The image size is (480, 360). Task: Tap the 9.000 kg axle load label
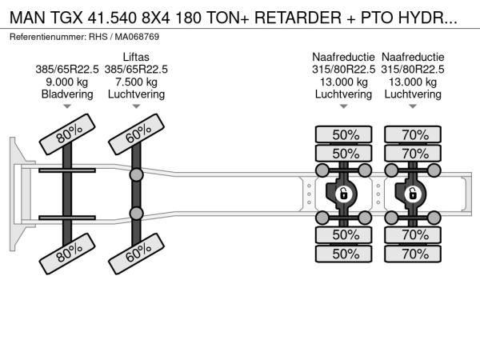67,82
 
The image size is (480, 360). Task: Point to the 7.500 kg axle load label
135,82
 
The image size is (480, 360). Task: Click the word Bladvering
67,94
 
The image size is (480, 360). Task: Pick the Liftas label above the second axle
135,56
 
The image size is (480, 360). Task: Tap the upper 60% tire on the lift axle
138,138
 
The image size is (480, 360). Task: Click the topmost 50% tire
345,134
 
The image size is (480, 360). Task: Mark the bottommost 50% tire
345,254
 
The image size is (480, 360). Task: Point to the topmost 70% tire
414,134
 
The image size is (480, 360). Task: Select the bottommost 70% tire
414,254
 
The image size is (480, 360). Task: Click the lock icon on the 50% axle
343,193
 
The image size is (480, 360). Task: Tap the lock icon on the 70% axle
412,193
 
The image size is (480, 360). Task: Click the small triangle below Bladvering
67,107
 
